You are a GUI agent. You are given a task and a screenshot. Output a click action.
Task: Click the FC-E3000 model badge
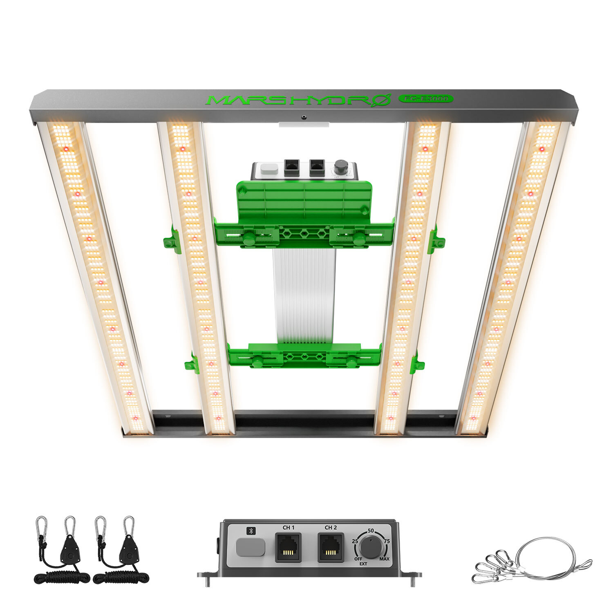coord(425,98)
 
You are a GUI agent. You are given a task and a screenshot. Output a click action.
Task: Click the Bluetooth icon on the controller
coord(251,531)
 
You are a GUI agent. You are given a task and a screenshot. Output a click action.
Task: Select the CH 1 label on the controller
coord(289,528)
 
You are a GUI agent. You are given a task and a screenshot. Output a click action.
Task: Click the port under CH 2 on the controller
coord(331,548)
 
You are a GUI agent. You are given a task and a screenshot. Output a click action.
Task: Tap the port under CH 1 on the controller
coord(288,548)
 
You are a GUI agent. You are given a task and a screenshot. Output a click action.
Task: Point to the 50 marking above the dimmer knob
coord(371,530)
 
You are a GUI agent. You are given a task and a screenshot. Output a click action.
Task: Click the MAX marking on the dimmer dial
coord(384,559)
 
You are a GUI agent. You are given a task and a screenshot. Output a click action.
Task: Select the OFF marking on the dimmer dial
coord(358,559)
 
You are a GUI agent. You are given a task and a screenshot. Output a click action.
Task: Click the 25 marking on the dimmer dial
coord(355,541)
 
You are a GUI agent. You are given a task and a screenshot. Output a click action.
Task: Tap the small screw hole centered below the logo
coord(304,117)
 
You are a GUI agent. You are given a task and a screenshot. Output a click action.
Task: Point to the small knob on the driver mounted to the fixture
coord(340,168)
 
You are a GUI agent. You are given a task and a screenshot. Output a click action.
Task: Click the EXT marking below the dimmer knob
coord(363,564)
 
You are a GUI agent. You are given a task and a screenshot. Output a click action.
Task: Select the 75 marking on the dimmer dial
coord(387,541)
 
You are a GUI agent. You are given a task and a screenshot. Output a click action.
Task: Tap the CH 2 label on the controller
coord(331,528)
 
